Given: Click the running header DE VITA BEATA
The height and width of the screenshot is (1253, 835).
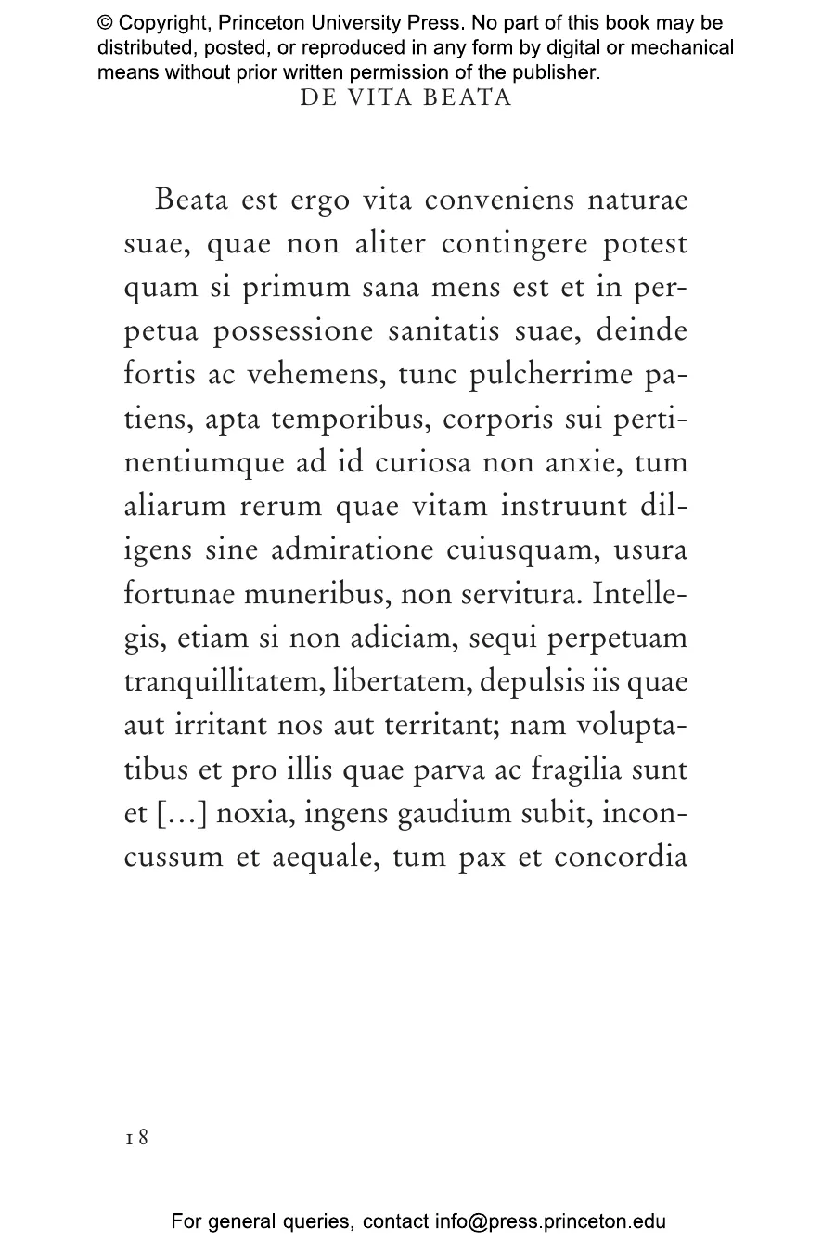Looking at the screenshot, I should tap(405, 98).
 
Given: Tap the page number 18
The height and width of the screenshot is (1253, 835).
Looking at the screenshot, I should tap(136, 1137).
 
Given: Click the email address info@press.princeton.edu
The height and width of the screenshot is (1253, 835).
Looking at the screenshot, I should tap(550, 1221).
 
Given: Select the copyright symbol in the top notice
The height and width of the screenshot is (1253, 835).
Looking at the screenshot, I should tap(105, 23).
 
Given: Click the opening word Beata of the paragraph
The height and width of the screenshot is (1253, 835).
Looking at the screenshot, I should tap(192, 200).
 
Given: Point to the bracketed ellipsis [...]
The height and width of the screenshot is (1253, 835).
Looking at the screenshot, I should tap(183, 814).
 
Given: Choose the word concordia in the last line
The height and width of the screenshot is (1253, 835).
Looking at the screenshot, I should tap(620, 858).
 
